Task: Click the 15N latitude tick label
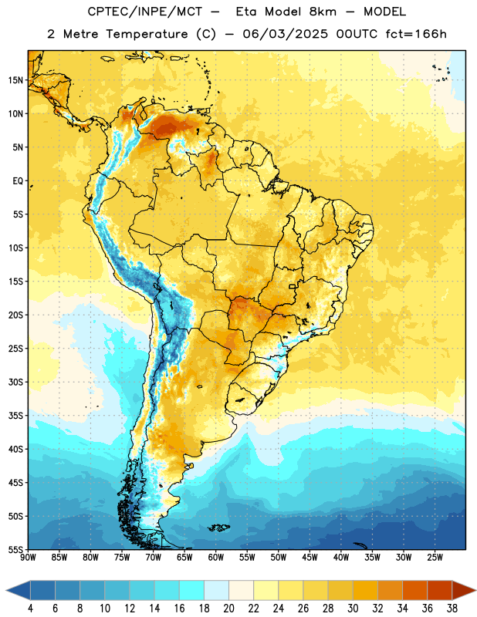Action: [x=15, y=80]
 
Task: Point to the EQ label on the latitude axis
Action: [x=18, y=181]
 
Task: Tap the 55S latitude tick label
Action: [x=15, y=549]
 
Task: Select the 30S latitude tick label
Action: [x=15, y=382]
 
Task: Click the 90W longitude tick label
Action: [x=29, y=557]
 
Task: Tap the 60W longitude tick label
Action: [x=216, y=557]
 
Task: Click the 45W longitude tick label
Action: [x=310, y=557]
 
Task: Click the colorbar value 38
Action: [x=452, y=609]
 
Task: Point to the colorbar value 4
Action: [x=30, y=609]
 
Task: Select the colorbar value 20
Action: [x=228, y=609]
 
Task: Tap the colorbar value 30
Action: [x=353, y=609]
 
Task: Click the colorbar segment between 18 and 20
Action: [x=216, y=591]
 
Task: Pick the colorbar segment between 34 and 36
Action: [x=414, y=591]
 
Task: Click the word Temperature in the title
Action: [x=147, y=34]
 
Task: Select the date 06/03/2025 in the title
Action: [x=285, y=34]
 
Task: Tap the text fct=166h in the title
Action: [x=416, y=34]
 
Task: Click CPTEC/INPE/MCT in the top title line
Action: [x=145, y=12]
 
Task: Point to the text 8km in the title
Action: [x=323, y=12]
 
